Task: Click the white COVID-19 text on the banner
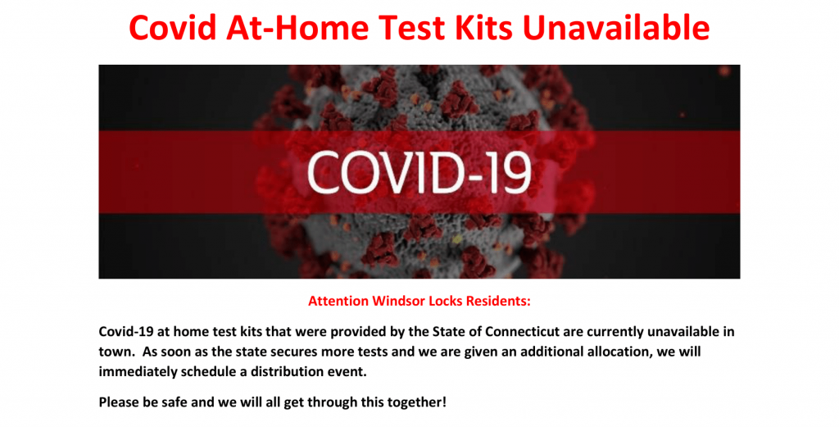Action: click(419, 172)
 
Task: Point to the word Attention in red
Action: click(338, 301)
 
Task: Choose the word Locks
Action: click(442, 301)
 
